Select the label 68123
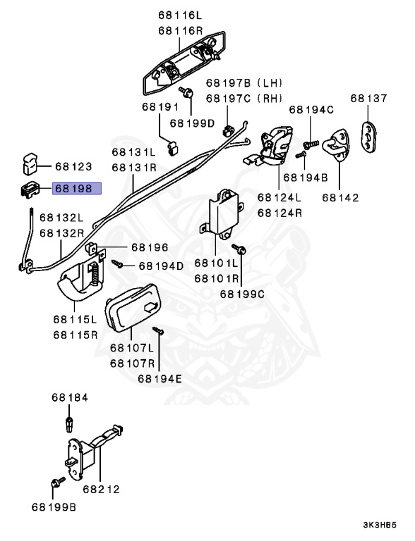click(73, 167)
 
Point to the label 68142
click(340, 198)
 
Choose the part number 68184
click(69, 398)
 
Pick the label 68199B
click(54, 506)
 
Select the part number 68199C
click(241, 294)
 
